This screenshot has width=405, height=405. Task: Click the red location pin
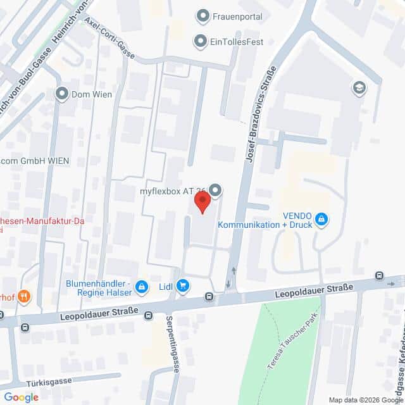coord(202,202)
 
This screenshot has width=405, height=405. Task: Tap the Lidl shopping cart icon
coord(183,286)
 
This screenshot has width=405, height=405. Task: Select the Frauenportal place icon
coord(203,15)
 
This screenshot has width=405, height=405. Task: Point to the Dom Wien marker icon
coord(62,94)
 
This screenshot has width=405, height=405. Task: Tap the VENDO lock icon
coord(321,219)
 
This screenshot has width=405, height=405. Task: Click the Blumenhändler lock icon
coord(141,287)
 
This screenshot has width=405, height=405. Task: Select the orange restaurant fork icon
coord(24,296)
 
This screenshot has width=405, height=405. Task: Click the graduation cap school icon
coord(359,87)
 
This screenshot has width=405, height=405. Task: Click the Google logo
coord(21,397)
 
